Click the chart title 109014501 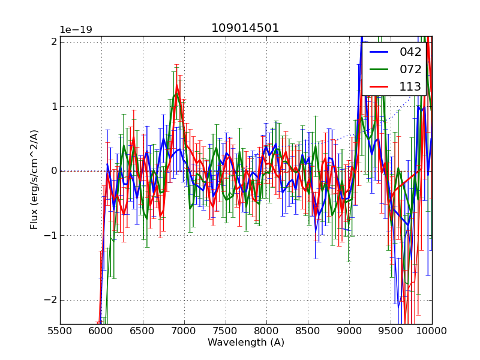pos(245,28)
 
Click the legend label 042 pos(410,52)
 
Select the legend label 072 pos(410,69)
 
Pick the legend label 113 pos(410,86)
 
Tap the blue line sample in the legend pos(380,52)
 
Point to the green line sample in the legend pos(380,69)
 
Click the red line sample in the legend pos(380,86)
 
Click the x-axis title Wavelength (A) pos(246,343)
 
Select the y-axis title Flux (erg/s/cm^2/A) pos(35,180)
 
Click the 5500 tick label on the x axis pos(60,331)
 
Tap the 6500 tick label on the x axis pos(143,331)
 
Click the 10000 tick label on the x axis pos(431,331)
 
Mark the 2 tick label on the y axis pos(54,41)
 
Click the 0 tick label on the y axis pos(54,171)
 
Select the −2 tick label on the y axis pos(51,300)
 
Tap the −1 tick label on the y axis pos(51,235)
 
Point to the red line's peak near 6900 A pos(176,86)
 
